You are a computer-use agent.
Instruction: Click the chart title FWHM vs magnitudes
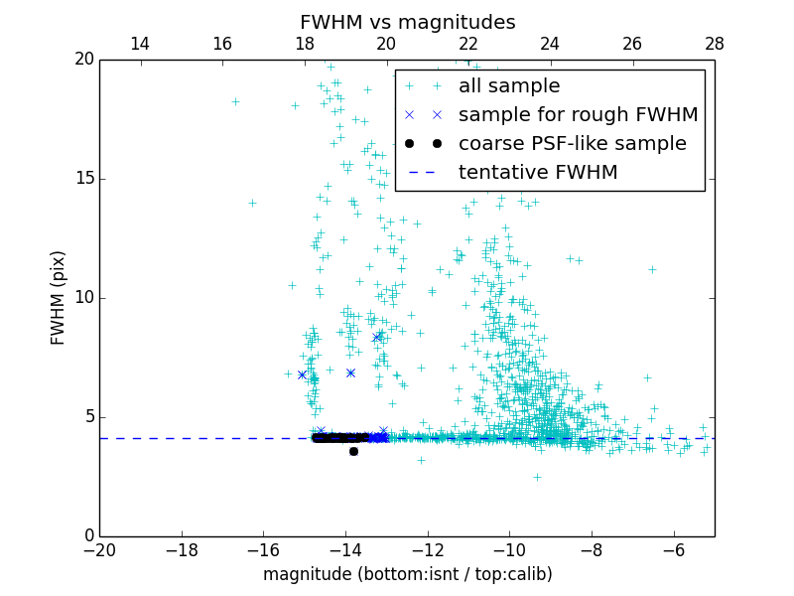click(x=407, y=22)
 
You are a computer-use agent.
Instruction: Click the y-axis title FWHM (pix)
click(x=59, y=298)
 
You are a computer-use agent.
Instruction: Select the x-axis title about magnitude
click(x=407, y=574)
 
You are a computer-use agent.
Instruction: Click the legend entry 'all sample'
click(x=508, y=86)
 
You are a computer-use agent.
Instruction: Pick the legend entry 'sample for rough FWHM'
click(x=578, y=115)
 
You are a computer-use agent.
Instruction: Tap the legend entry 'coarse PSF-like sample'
click(x=572, y=144)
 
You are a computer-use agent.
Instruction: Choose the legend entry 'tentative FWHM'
click(x=537, y=173)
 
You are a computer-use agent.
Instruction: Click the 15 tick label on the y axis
click(x=82, y=179)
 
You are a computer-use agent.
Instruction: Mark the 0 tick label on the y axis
click(x=87, y=536)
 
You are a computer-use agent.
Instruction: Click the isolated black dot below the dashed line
click(x=353, y=451)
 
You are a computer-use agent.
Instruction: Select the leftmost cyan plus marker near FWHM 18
click(x=235, y=101)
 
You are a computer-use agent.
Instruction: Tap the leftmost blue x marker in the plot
click(x=302, y=374)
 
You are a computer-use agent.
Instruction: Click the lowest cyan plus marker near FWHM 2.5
click(x=537, y=477)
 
